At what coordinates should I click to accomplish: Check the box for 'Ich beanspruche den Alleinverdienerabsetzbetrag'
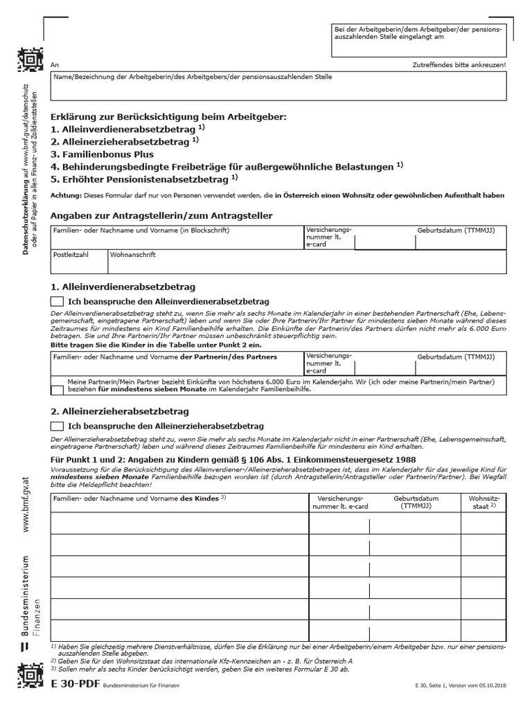point(57,301)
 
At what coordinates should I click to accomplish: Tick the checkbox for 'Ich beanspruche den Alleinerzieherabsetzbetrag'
point(57,426)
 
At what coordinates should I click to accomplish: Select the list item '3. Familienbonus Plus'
point(103,154)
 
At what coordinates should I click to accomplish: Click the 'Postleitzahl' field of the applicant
point(78,261)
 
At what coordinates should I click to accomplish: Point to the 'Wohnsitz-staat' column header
point(483,502)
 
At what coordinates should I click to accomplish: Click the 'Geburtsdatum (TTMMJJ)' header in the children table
point(416,502)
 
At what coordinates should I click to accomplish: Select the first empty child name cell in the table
point(179,524)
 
